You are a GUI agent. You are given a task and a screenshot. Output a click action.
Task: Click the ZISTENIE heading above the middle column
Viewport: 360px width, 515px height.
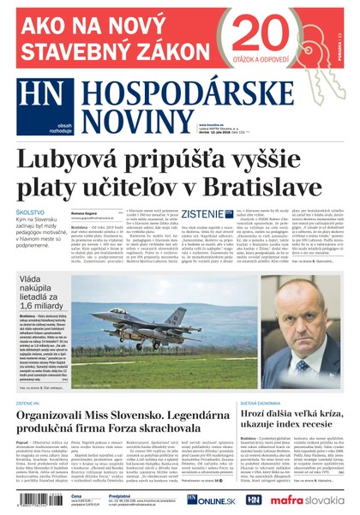[202, 213]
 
